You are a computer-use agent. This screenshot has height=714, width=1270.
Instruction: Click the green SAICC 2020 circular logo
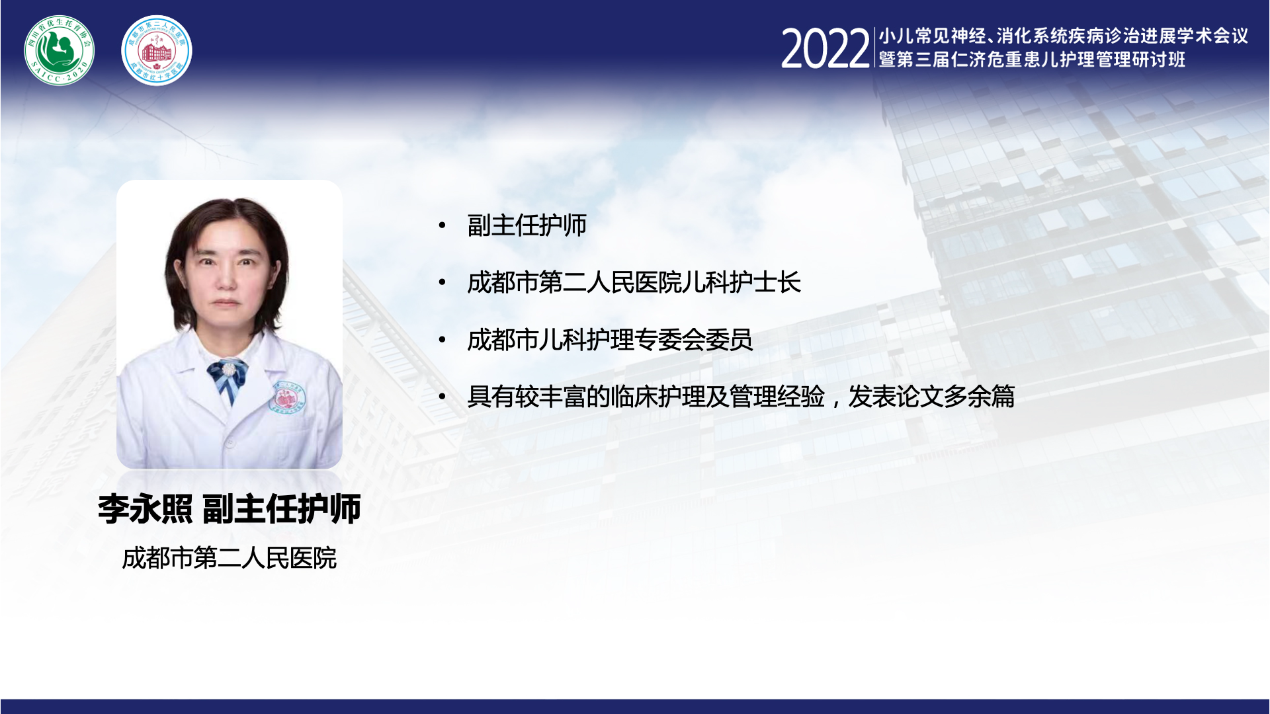[x=60, y=50]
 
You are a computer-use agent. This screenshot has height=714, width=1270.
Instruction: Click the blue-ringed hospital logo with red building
[x=157, y=50]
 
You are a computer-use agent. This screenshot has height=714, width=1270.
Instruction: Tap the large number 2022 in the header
[x=825, y=49]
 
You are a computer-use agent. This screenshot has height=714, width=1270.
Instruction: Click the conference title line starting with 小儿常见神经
[x=1063, y=36]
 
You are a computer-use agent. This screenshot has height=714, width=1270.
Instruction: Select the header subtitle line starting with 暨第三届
[x=1032, y=59]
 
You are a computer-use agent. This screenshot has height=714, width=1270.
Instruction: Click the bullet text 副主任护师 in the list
[x=527, y=225]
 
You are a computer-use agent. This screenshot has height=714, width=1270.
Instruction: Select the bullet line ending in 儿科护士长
[x=634, y=282]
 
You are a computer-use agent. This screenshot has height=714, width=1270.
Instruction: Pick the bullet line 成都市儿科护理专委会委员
[x=610, y=340]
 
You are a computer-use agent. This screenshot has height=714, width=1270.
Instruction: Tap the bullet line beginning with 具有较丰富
[x=741, y=397]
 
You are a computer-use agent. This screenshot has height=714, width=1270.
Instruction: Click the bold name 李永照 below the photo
[x=146, y=509]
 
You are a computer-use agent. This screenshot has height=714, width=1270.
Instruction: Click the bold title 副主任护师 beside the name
[x=281, y=509]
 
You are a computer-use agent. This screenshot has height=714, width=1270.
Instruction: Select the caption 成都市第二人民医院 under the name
[x=230, y=559]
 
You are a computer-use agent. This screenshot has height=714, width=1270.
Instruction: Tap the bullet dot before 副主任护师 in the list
[x=443, y=226]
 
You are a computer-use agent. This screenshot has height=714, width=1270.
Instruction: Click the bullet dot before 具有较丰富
[x=443, y=397]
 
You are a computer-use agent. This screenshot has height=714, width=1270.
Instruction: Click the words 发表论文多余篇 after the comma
[x=931, y=397]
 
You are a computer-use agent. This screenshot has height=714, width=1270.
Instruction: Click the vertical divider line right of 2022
[x=874, y=48]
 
